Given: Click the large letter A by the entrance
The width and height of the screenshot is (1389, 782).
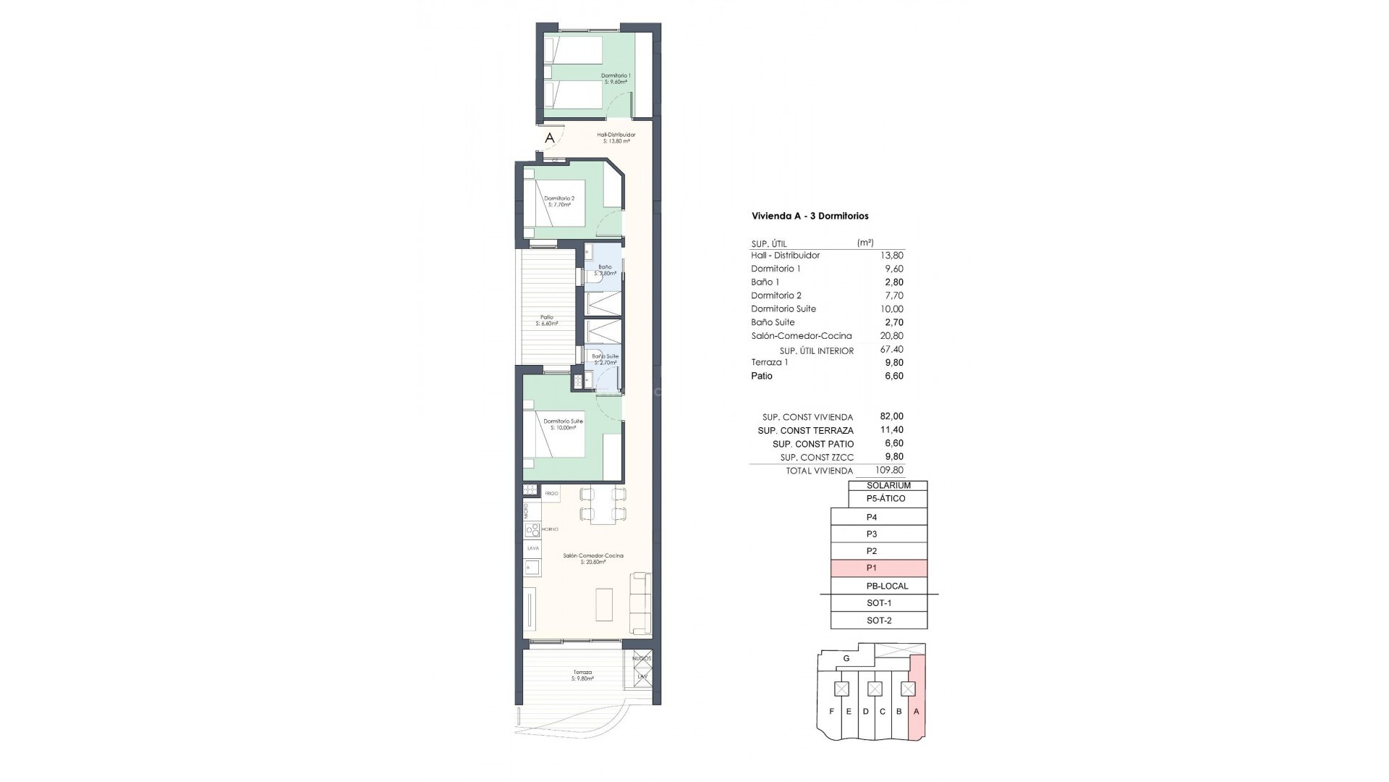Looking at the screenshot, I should tap(550, 138).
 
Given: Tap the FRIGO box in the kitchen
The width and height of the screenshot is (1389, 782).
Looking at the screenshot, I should tap(551, 494).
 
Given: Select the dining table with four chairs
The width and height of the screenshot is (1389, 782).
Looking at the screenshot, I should tap(599, 505).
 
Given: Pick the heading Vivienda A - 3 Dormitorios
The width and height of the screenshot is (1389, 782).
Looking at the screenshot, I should tap(810, 216).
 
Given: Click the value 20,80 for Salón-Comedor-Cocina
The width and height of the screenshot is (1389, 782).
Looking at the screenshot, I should tap(893, 336).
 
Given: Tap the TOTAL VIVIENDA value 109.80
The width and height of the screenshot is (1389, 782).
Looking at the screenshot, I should tap(889, 470).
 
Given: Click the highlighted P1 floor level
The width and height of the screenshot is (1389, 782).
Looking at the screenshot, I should tap(879, 568).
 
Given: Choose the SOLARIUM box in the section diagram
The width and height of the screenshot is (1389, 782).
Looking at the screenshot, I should tap(888, 486).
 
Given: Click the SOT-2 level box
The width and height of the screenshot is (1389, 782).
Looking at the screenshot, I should tap(879, 621).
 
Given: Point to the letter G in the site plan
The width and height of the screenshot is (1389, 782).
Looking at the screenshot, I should tap(846, 659).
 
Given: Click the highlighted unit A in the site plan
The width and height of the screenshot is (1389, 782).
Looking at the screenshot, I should tap(917, 711).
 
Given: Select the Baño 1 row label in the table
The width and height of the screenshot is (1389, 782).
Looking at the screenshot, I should tap(765, 282).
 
